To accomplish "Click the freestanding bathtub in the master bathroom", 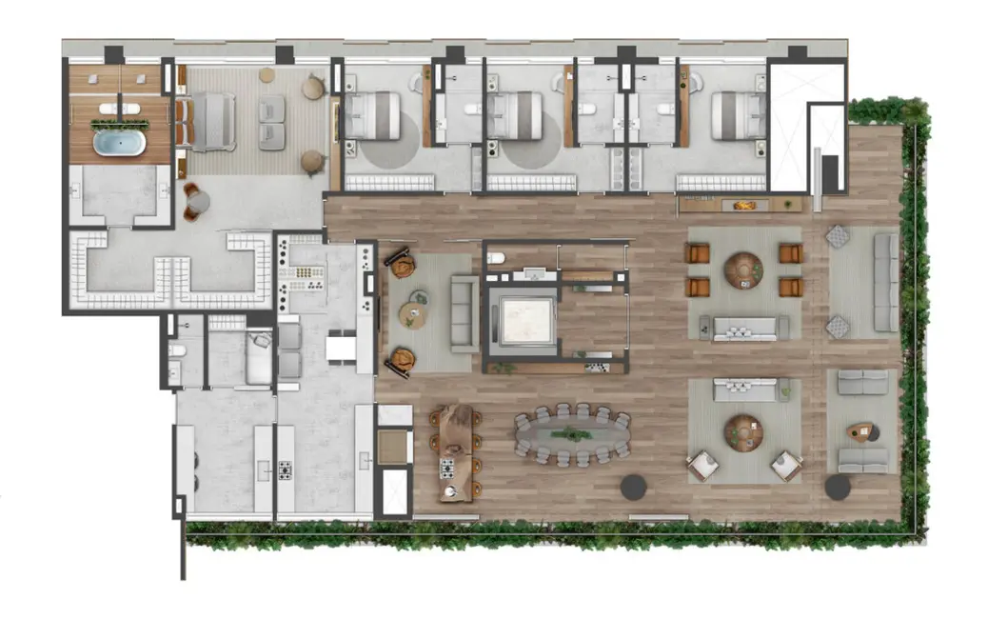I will click(118, 144).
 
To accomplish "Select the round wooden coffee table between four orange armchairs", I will click(742, 270).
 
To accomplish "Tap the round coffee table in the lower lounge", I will click(742, 433).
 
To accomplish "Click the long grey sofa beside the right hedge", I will click(885, 283).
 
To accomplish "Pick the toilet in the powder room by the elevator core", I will click(496, 257).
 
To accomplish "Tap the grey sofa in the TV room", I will click(464, 312).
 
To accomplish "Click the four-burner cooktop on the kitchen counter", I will click(285, 469).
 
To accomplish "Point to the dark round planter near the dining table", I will click(633, 487).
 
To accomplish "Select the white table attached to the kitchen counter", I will click(340, 349).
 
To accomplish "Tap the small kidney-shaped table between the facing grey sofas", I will click(862, 432).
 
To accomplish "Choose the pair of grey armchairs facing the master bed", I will click(270, 123).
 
